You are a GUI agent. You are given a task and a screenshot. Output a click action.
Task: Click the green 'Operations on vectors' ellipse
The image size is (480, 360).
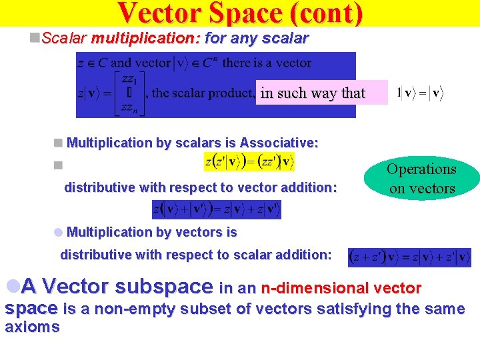coord(422,179)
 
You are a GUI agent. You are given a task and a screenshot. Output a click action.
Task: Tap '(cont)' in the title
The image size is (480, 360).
coord(327,13)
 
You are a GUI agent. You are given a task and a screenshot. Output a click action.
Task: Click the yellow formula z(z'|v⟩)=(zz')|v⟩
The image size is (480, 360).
coord(249,162)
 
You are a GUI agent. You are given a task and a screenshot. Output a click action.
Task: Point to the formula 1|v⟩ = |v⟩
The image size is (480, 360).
coord(418,93)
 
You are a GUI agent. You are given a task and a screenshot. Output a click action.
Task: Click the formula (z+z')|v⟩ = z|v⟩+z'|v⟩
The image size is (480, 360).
coord(409,257)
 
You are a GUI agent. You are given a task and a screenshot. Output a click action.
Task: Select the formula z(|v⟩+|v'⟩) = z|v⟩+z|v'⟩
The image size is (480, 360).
coord(217,209)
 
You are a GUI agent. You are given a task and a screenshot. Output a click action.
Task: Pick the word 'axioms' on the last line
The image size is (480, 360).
coord(32,327)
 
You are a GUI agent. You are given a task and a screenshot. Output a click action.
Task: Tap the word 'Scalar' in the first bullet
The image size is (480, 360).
coord(64,39)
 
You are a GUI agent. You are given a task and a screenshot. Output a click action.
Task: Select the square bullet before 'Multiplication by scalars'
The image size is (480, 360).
coord(59,143)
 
